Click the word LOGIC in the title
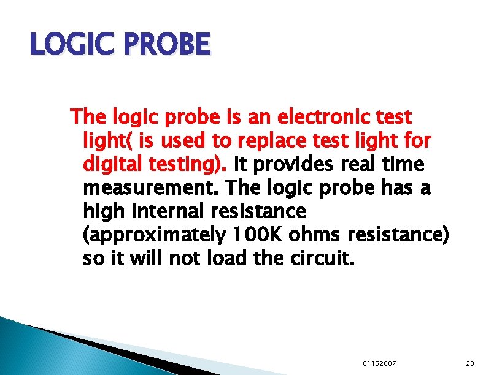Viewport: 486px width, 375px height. point(66,45)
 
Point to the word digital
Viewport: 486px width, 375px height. point(112,164)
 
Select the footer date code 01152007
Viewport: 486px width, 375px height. point(379,363)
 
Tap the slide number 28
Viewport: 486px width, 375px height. point(469,363)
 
